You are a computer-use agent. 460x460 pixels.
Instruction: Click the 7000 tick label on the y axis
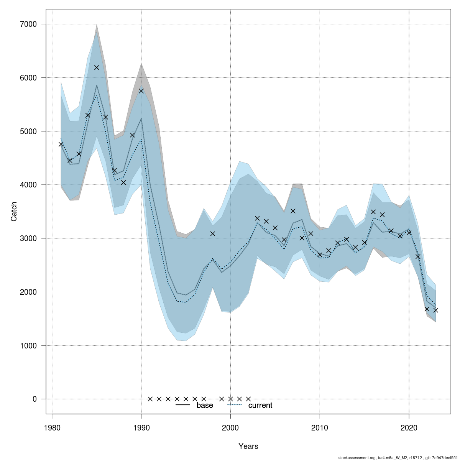point(29,24)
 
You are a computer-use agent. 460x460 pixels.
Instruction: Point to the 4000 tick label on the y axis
point(29,185)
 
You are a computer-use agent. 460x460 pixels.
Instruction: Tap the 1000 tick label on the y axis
point(29,345)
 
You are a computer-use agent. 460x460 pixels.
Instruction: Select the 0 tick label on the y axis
point(34,399)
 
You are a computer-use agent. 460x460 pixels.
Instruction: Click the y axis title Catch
point(14,211)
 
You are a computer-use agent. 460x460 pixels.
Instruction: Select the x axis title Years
point(248,446)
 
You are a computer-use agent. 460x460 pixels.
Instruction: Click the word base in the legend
point(205,405)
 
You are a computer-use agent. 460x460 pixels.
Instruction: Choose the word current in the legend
point(260,405)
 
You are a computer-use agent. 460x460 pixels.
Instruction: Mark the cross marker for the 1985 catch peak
point(97,67)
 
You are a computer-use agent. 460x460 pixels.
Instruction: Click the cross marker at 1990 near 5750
point(141,91)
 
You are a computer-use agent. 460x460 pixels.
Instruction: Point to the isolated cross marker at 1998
point(213,233)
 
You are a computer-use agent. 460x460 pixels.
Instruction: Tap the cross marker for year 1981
point(61,144)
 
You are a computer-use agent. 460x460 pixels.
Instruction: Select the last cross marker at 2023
point(436,310)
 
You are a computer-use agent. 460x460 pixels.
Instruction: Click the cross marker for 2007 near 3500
point(293,211)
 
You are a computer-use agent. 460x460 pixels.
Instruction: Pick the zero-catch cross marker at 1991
point(150,399)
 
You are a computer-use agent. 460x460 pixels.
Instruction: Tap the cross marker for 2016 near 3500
point(373,212)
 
